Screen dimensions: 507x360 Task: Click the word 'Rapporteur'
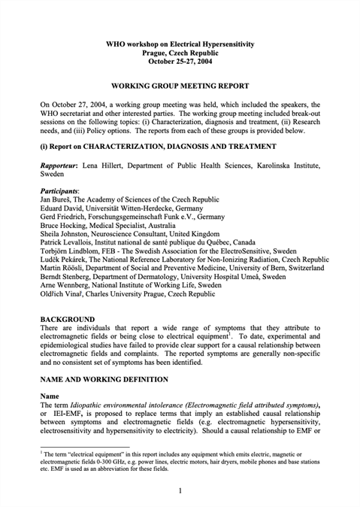point(62,163)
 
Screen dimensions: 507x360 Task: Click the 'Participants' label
point(64,191)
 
